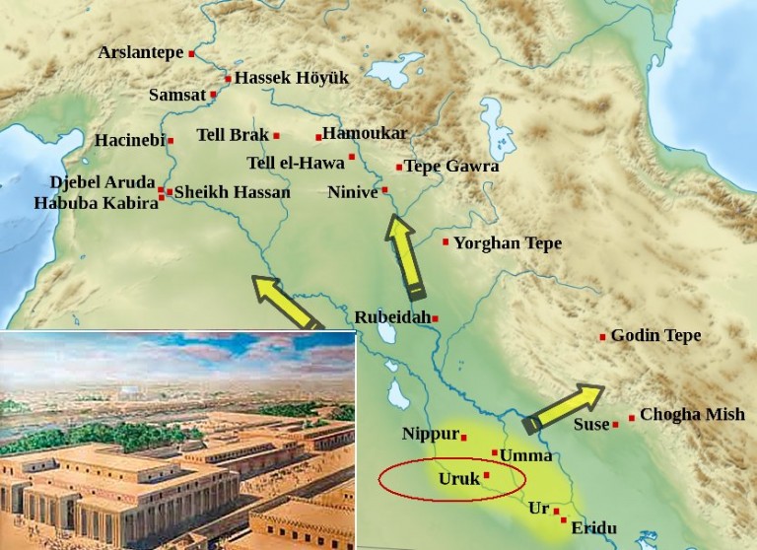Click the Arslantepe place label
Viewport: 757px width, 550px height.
140,52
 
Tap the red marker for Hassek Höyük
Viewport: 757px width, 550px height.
228,78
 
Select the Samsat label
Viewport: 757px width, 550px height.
176,95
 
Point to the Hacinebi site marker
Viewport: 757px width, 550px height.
171,141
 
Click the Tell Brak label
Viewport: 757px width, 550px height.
233,135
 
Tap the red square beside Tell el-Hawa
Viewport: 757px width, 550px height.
352,157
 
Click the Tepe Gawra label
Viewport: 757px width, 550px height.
451,166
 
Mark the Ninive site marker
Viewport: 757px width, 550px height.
385,189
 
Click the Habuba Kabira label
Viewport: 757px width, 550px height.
96,203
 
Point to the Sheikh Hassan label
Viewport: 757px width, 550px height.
232,192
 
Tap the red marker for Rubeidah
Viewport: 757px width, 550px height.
435,318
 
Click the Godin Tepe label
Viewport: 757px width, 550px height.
655,336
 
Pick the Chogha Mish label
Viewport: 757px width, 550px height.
692,415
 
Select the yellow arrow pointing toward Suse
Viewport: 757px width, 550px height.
563,407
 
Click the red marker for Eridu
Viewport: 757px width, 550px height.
564,519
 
